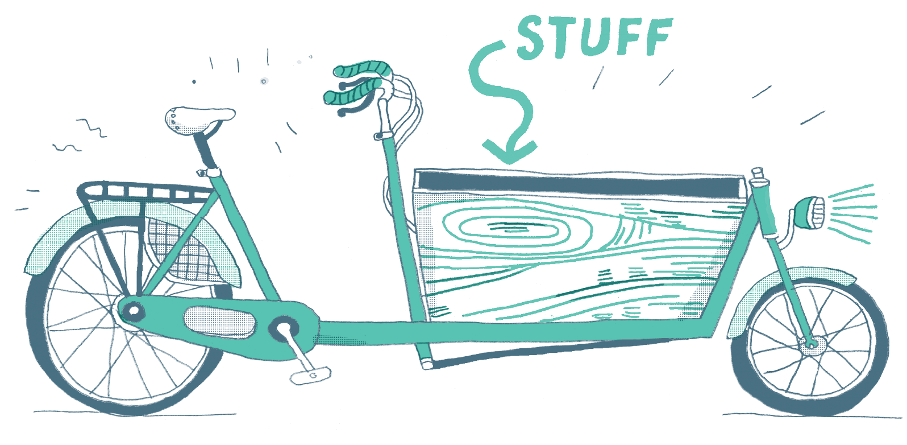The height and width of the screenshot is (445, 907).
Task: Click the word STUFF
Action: (594, 38)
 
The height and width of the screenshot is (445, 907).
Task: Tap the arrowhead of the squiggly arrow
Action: (509, 153)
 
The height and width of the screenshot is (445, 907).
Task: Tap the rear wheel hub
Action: (133, 312)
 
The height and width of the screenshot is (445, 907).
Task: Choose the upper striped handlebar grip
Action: (363, 69)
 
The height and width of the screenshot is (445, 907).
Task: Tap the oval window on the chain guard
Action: (220, 322)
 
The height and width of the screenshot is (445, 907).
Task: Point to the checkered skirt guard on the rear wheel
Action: (184, 252)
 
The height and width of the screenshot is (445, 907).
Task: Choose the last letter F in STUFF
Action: (659, 36)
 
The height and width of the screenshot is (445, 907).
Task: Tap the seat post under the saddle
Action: (205, 150)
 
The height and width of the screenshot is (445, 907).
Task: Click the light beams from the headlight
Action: (850, 213)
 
